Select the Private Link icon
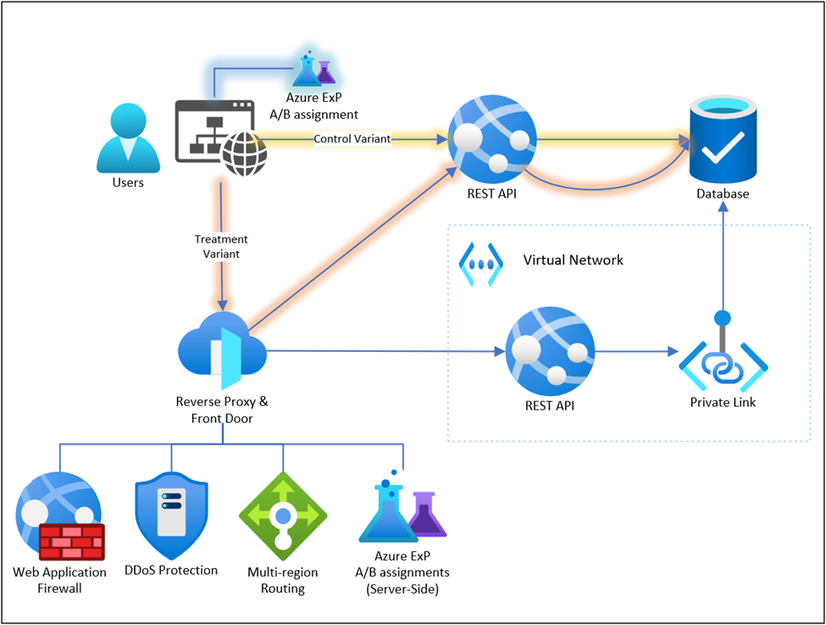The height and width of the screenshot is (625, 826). click(x=723, y=361)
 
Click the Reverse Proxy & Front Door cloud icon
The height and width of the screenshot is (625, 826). click(x=222, y=349)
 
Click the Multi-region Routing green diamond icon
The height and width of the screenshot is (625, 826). click(x=283, y=515)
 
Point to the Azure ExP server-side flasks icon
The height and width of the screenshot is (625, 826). click(x=402, y=512)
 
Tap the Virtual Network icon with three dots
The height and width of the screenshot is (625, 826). click(x=480, y=259)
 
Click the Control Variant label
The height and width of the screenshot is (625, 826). click(x=352, y=139)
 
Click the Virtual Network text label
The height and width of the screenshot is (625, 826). click(x=573, y=259)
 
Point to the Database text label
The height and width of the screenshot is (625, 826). click(x=722, y=194)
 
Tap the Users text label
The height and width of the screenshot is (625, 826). click(x=128, y=182)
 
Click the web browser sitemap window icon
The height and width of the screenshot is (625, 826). click(x=216, y=131)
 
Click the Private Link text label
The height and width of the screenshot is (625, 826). click(x=723, y=402)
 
